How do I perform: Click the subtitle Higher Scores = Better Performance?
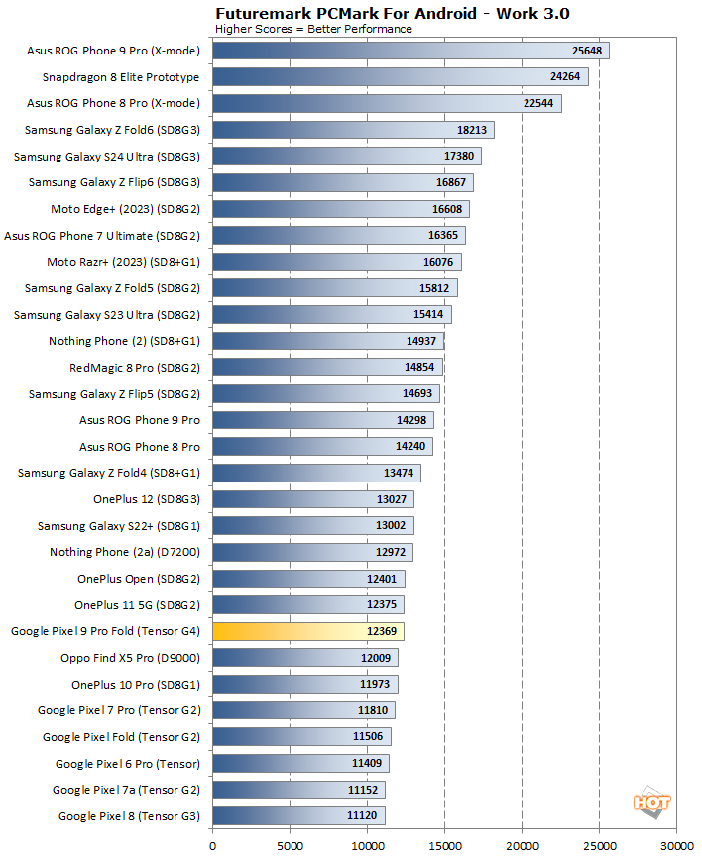[313, 29]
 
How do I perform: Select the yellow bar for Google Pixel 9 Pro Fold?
[308, 631]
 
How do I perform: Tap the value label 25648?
[588, 51]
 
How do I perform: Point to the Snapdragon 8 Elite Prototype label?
[121, 77]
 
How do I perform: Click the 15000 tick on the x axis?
[444, 845]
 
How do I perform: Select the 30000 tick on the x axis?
[676, 845]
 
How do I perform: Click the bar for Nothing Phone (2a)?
[312, 552]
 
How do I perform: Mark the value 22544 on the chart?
[540, 104]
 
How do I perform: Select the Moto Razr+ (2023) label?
[123, 262]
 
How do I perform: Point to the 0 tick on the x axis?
[213, 845]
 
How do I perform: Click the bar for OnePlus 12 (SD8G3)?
[313, 499]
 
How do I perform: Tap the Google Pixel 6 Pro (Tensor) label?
[127, 764]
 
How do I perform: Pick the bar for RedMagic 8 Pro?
[327, 368]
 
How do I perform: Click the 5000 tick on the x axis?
[290, 845]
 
